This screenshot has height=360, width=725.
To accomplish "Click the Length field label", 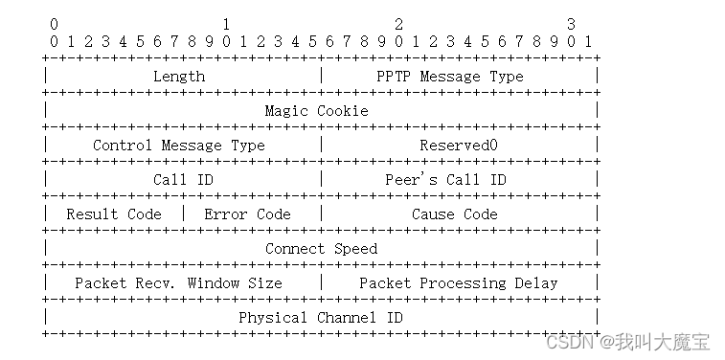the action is (179, 77).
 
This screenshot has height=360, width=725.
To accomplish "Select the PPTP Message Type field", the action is (450, 77).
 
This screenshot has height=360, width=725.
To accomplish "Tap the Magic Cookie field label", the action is (317, 111).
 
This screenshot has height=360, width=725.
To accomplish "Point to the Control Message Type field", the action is (179, 146).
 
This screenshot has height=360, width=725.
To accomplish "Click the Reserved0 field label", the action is (459, 146).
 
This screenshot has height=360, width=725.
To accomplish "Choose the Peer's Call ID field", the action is (445, 180).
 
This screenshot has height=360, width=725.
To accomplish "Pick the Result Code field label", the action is (114, 214).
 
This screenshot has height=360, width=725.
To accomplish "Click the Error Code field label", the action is (247, 214).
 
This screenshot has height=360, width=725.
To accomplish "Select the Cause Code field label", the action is (455, 214).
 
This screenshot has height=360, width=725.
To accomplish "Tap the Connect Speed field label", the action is (321, 249).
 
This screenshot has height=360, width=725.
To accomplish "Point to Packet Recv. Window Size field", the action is (178, 282).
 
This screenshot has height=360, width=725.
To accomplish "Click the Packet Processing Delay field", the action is (459, 282).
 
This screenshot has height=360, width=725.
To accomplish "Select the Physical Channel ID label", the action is (321, 318).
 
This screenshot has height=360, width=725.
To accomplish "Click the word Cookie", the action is (343, 111).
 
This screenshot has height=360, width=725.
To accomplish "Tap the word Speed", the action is (355, 249).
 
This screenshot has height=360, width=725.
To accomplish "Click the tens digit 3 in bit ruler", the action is (571, 24).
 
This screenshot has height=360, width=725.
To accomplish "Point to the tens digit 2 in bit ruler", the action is (398, 24).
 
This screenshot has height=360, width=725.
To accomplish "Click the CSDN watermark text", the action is (627, 343).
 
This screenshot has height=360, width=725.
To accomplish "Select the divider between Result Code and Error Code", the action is (184, 214).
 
